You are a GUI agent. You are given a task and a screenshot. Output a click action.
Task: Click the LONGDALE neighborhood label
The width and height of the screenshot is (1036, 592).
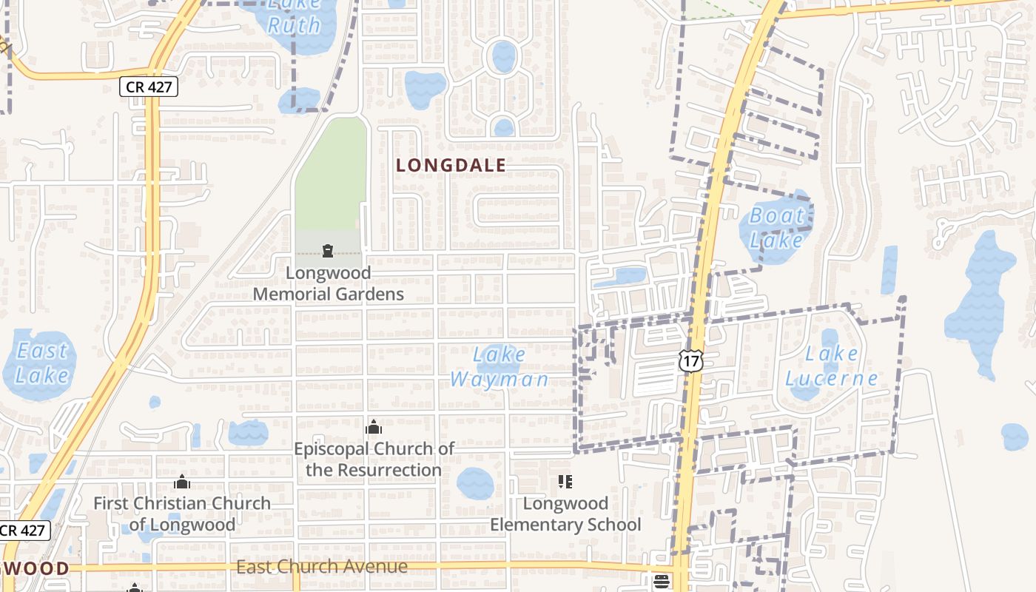[x=451, y=165]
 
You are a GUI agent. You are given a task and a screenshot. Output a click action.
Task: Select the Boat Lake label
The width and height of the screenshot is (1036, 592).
[x=776, y=228]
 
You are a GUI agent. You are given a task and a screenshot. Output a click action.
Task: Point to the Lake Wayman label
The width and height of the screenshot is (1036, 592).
[x=499, y=367]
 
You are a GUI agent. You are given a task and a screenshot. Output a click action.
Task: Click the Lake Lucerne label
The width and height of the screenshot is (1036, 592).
[x=831, y=366]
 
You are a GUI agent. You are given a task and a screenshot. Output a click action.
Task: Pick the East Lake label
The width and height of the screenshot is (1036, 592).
[x=42, y=363]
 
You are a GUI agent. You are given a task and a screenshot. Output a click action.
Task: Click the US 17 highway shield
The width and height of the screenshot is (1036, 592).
[x=690, y=360]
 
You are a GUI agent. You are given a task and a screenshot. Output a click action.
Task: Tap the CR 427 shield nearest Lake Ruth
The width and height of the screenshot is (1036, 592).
[x=149, y=87]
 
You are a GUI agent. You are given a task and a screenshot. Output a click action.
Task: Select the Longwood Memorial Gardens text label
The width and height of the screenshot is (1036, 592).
[x=329, y=283]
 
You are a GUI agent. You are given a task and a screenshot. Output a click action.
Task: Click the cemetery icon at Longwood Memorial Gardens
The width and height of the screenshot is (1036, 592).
[x=328, y=251]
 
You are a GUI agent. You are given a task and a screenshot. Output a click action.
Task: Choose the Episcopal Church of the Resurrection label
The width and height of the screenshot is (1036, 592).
[x=374, y=459]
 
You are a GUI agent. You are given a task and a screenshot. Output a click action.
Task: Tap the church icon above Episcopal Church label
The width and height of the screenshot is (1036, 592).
[x=374, y=427]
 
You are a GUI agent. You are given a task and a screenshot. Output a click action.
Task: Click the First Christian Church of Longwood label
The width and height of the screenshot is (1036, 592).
[x=182, y=514]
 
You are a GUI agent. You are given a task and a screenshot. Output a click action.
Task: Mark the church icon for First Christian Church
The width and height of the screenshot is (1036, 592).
[x=182, y=482]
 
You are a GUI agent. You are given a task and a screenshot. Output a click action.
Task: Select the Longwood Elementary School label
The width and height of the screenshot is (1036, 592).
[x=565, y=514]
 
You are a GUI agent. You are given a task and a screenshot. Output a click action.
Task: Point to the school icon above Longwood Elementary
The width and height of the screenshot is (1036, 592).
[x=565, y=482]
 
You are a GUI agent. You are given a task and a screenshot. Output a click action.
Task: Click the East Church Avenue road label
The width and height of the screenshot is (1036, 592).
[x=322, y=567]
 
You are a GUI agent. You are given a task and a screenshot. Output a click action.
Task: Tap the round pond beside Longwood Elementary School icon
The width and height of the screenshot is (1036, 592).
[x=475, y=483]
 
